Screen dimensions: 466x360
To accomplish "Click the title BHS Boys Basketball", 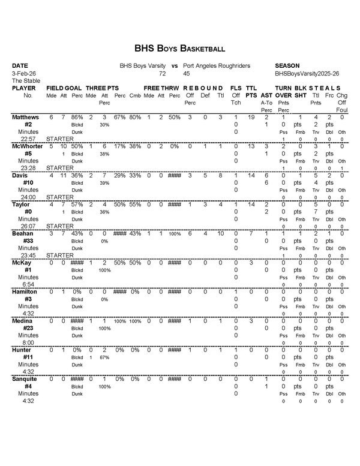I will tap(179, 48).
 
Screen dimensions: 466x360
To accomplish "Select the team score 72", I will tap(162, 73).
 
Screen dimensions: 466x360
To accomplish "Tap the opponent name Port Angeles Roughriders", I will tap(217, 65).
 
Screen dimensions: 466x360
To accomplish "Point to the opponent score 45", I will tap(187, 73).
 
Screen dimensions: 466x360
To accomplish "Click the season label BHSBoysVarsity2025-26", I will tap(302, 73).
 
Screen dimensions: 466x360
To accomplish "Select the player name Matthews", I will tap(25, 117).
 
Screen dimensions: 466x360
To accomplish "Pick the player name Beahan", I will tap(23, 233).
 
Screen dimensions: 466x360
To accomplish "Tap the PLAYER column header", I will tap(24, 88).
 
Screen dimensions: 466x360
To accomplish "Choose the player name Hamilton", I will tap(25, 291).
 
